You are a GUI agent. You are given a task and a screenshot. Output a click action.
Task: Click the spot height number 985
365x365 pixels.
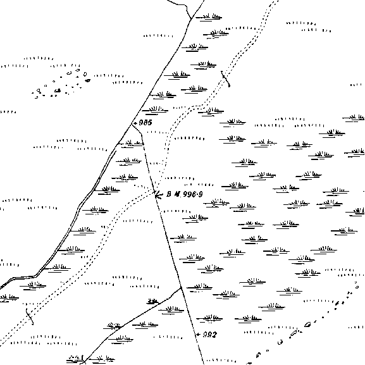[x=145, y=123]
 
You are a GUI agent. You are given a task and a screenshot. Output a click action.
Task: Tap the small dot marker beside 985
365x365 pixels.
[x=136, y=123]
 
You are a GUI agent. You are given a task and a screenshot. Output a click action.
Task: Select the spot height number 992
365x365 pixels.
[x=210, y=335]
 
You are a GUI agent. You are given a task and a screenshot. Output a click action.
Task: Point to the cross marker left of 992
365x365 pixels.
[x=199, y=335]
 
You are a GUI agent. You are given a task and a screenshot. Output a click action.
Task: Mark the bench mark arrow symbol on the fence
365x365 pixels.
[x=159, y=195]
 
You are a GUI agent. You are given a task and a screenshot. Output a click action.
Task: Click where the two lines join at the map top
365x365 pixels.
[x=191, y=18]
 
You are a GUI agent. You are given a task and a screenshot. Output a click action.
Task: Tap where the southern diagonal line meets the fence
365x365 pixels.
[x=181, y=288]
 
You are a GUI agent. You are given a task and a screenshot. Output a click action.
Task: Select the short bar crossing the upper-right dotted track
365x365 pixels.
[x=225, y=78]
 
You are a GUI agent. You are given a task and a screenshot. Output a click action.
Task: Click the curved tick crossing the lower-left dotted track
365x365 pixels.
[x=30, y=316]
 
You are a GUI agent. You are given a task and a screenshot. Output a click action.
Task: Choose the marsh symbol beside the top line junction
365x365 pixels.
[x=209, y=17]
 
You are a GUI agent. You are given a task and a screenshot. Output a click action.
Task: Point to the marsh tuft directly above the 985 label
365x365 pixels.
[x=155, y=110]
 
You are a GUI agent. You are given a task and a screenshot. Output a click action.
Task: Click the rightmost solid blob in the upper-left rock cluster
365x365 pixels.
[x=87, y=80]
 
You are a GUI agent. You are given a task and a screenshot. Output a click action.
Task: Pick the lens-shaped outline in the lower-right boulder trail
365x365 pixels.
[x=307, y=325]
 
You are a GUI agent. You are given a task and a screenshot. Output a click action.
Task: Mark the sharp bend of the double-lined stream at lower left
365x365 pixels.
[x=35, y=276]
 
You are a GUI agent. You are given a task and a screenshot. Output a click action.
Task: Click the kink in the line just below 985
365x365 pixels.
[x=141, y=134]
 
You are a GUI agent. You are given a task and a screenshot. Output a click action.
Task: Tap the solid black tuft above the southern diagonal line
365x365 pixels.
[x=152, y=302]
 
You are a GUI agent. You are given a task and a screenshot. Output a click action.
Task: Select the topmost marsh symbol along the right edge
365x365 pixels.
[x=354, y=118]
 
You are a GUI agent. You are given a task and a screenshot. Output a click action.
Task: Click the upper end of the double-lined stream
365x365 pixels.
[x=116, y=151]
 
